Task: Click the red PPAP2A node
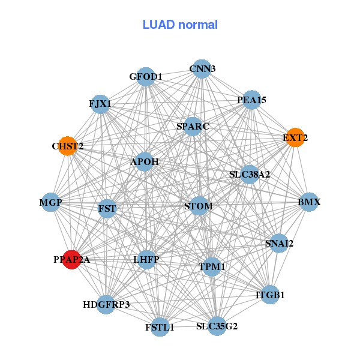tap(71, 260)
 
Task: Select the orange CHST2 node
tap(67, 146)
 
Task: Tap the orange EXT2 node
tap(295, 137)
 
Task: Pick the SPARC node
tap(193, 127)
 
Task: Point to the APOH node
tap(145, 161)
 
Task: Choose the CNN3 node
tap(202, 69)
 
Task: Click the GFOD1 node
tap(146, 77)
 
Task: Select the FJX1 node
tap(100, 104)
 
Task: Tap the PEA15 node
tap(251, 100)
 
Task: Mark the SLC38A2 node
tap(250, 175)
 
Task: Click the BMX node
tap(309, 202)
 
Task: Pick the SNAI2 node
tap(279, 243)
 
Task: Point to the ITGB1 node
tap(270, 295)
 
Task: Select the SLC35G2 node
tap(217, 326)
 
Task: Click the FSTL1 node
tap(160, 327)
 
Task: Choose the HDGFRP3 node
tap(106, 304)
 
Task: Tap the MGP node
tap(51, 203)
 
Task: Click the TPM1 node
tap(211, 266)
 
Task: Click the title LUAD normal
tap(180, 25)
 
